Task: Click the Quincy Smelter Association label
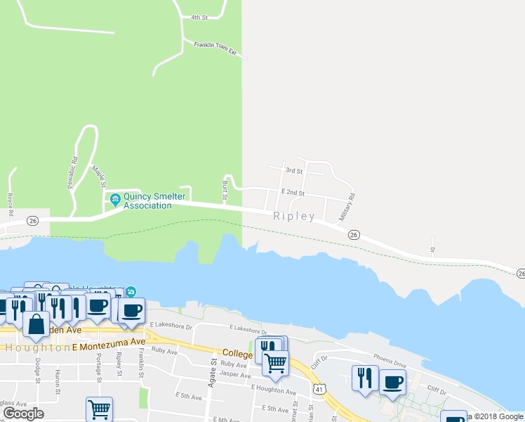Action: tap(147, 201)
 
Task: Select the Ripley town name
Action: tap(294, 217)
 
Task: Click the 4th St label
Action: tap(200, 17)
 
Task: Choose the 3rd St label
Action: tap(293, 171)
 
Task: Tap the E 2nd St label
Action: tap(293, 192)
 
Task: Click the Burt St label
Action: tap(225, 191)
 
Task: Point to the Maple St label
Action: tap(98, 175)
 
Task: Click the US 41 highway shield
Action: tap(319, 388)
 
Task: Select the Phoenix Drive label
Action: tap(390, 364)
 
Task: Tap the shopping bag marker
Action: tap(36, 325)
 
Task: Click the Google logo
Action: tap(23, 414)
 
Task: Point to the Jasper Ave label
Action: tap(235, 376)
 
